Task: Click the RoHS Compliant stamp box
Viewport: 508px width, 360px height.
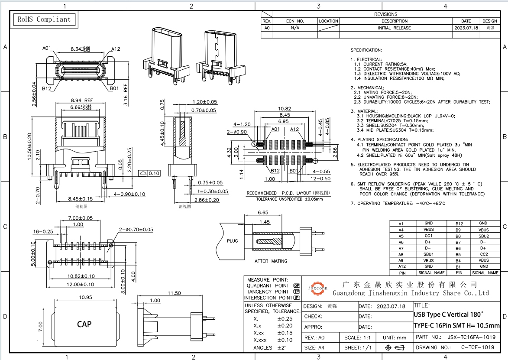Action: pos(43,19)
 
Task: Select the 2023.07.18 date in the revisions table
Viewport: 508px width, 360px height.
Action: pos(466,28)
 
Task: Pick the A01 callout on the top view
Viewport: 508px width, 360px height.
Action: pos(48,49)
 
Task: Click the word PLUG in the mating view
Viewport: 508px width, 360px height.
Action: pos(232,241)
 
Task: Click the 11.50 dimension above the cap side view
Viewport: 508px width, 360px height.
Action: pos(174,293)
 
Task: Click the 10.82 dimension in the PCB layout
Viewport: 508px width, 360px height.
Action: pos(284,109)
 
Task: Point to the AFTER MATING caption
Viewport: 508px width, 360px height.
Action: pos(271,261)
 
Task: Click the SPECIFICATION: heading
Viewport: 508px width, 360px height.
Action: pos(366,50)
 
